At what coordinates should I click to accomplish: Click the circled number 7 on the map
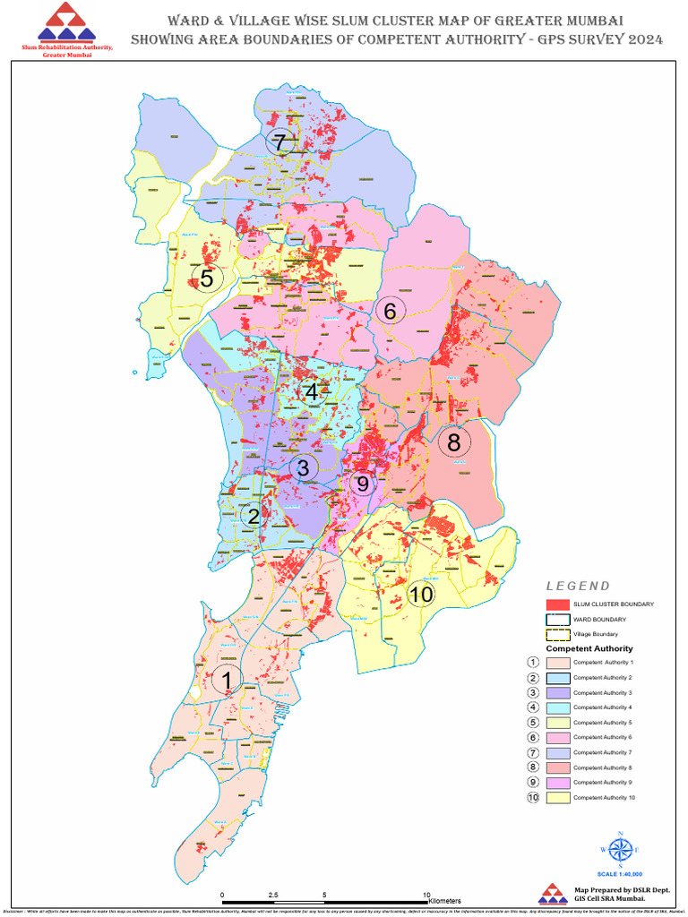pyautogui.click(x=280, y=141)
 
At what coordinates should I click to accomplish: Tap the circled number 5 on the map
pyautogui.click(x=207, y=278)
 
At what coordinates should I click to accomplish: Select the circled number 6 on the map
pyautogui.click(x=391, y=311)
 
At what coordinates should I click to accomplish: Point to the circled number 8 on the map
pyautogui.click(x=454, y=441)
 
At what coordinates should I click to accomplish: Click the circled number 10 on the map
pyautogui.click(x=420, y=595)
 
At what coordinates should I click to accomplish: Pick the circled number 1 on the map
pyautogui.click(x=227, y=680)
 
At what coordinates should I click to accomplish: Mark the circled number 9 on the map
pyautogui.click(x=363, y=484)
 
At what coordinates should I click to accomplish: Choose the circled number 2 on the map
pyautogui.click(x=254, y=516)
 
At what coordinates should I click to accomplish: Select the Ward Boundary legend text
pyautogui.click(x=599, y=619)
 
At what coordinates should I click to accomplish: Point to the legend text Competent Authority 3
pyautogui.click(x=602, y=692)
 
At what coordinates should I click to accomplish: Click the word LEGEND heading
pyautogui.click(x=578, y=586)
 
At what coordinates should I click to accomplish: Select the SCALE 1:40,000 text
pyautogui.click(x=620, y=873)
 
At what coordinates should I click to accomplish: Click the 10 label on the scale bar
pyautogui.click(x=426, y=895)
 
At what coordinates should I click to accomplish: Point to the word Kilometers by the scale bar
pyautogui.click(x=444, y=900)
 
